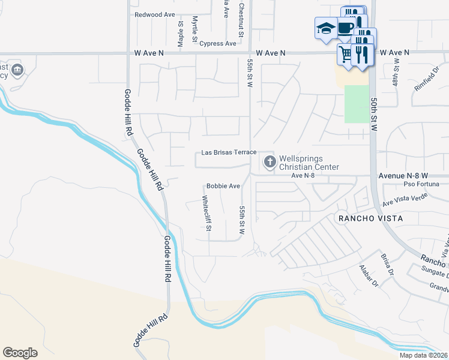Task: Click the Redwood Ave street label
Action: click(x=154, y=14)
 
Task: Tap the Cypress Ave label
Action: click(x=218, y=44)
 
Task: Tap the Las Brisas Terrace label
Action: click(x=229, y=152)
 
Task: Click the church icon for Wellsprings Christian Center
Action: click(x=270, y=161)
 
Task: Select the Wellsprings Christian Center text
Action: click(x=309, y=163)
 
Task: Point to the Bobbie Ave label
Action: click(x=223, y=186)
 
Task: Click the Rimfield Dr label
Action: click(x=426, y=80)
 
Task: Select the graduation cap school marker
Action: click(x=326, y=29)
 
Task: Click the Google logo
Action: click(x=20, y=352)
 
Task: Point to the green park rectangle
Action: click(x=357, y=104)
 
